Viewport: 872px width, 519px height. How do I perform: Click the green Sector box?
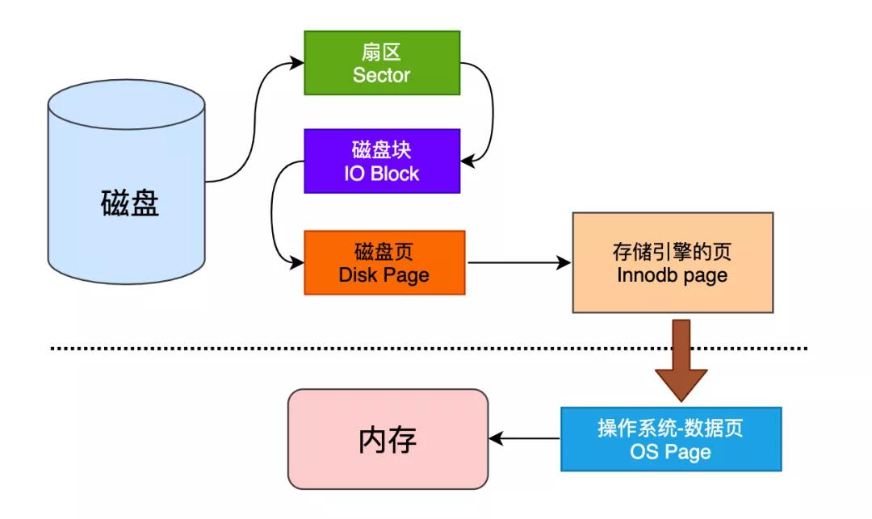pos(381,63)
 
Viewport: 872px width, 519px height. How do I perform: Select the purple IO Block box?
pos(381,161)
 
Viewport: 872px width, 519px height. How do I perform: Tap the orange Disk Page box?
pos(384,262)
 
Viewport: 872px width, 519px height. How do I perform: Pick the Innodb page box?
pos(672,262)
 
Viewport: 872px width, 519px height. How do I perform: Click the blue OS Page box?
pos(670,438)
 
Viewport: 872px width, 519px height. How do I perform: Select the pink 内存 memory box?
pos(388,439)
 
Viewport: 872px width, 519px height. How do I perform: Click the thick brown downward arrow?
pos(681,359)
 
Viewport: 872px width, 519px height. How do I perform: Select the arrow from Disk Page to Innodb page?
pos(517,262)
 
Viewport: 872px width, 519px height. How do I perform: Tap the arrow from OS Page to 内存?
pos(525,439)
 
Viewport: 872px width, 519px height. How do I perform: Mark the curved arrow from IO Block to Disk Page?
pos(275,211)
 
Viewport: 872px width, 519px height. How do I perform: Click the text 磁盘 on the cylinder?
pos(130,203)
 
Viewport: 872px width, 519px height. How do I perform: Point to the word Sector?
pos(381,75)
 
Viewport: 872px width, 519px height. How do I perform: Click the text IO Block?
pos(381,173)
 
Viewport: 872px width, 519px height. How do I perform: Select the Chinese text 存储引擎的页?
pos(672,251)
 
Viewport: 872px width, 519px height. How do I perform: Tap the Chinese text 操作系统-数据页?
pos(670,428)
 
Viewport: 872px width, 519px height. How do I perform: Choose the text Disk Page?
pos(384,274)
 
